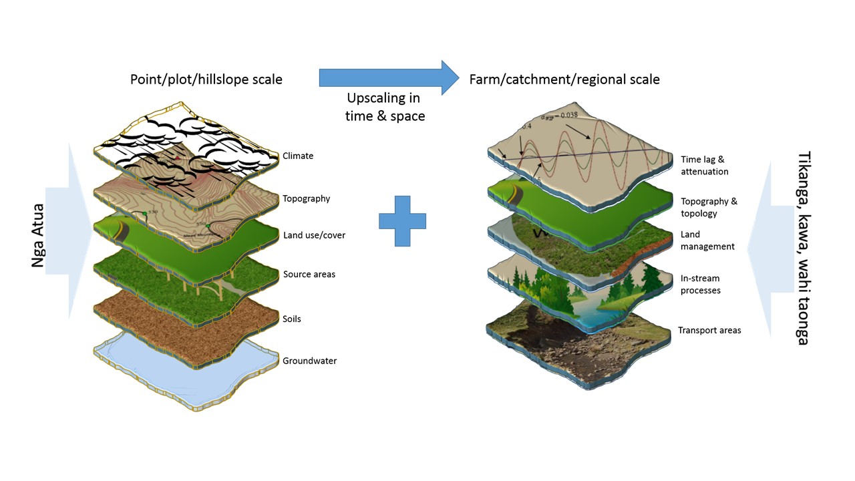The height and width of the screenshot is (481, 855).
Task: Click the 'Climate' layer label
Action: (x=298, y=156)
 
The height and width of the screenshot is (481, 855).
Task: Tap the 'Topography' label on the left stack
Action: (x=306, y=198)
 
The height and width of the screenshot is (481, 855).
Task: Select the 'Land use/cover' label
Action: (x=314, y=235)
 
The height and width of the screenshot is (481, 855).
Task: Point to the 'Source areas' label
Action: (x=309, y=275)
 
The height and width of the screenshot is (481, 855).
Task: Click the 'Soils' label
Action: (x=292, y=319)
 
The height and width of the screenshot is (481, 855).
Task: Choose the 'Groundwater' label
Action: (x=309, y=361)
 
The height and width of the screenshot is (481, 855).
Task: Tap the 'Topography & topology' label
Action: (x=709, y=207)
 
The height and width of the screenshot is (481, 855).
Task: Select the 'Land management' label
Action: (x=707, y=240)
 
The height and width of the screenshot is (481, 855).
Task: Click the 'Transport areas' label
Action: (x=709, y=330)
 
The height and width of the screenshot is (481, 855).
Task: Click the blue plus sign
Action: (x=402, y=221)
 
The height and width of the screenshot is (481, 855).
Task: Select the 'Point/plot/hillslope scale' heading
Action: (x=206, y=79)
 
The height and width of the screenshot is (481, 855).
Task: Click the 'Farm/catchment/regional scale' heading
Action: (x=564, y=79)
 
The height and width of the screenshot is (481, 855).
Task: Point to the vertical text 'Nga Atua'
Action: (x=39, y=235)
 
